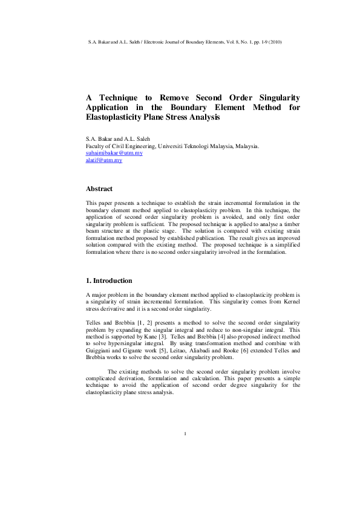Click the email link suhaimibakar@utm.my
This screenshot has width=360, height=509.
point(114,154)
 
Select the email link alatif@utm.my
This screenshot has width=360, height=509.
point(104,161)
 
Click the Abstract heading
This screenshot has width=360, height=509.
point(100,189)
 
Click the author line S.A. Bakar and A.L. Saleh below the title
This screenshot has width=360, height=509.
point(119,139)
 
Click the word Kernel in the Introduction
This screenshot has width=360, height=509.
point(289,301)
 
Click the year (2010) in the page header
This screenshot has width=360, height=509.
point(273,42)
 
